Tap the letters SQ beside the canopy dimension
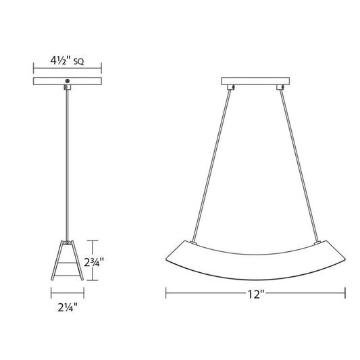[x=78, y=61]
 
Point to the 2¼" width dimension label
[x=68, y=307]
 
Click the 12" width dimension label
[x=256, y=294]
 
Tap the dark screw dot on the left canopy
[x=68, y=81]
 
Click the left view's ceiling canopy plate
[x=68, y=81]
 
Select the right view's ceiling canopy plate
[x=255, y=81]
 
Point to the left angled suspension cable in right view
[x=211, y=165]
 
